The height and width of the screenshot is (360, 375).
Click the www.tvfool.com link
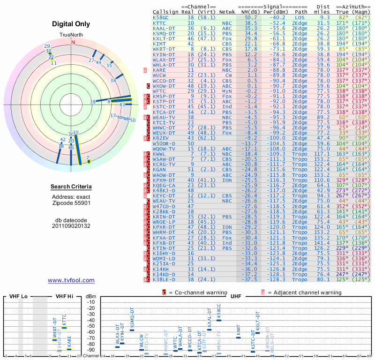coord(71,280)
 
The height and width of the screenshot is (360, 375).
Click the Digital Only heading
coord(71,24)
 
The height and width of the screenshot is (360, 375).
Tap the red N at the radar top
coord(73,42)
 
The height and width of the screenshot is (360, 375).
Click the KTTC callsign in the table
coord(160,22)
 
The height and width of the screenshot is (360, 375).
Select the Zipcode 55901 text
coord(71,204)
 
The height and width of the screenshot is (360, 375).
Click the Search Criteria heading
coord(71,187)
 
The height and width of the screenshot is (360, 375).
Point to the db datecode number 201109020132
coord(71,225)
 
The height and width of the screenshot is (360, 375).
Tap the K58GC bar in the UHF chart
coord(219,320)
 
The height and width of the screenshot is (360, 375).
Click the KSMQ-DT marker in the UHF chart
coord(132,330)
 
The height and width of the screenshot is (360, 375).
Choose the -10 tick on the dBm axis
coord(91,302)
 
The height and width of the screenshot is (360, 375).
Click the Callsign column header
coord(165,11)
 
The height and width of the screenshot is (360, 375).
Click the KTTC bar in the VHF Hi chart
coord(64,327)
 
